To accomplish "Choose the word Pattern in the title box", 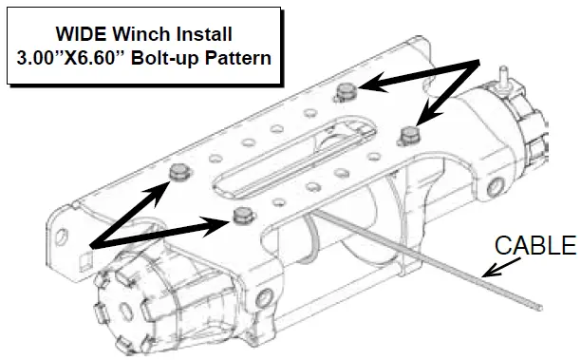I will pos(241,56).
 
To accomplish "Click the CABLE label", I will pos(535,246).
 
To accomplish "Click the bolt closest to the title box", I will pos(347,92).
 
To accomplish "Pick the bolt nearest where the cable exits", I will pos(242,215).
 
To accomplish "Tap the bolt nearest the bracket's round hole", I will pos(178,171).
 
